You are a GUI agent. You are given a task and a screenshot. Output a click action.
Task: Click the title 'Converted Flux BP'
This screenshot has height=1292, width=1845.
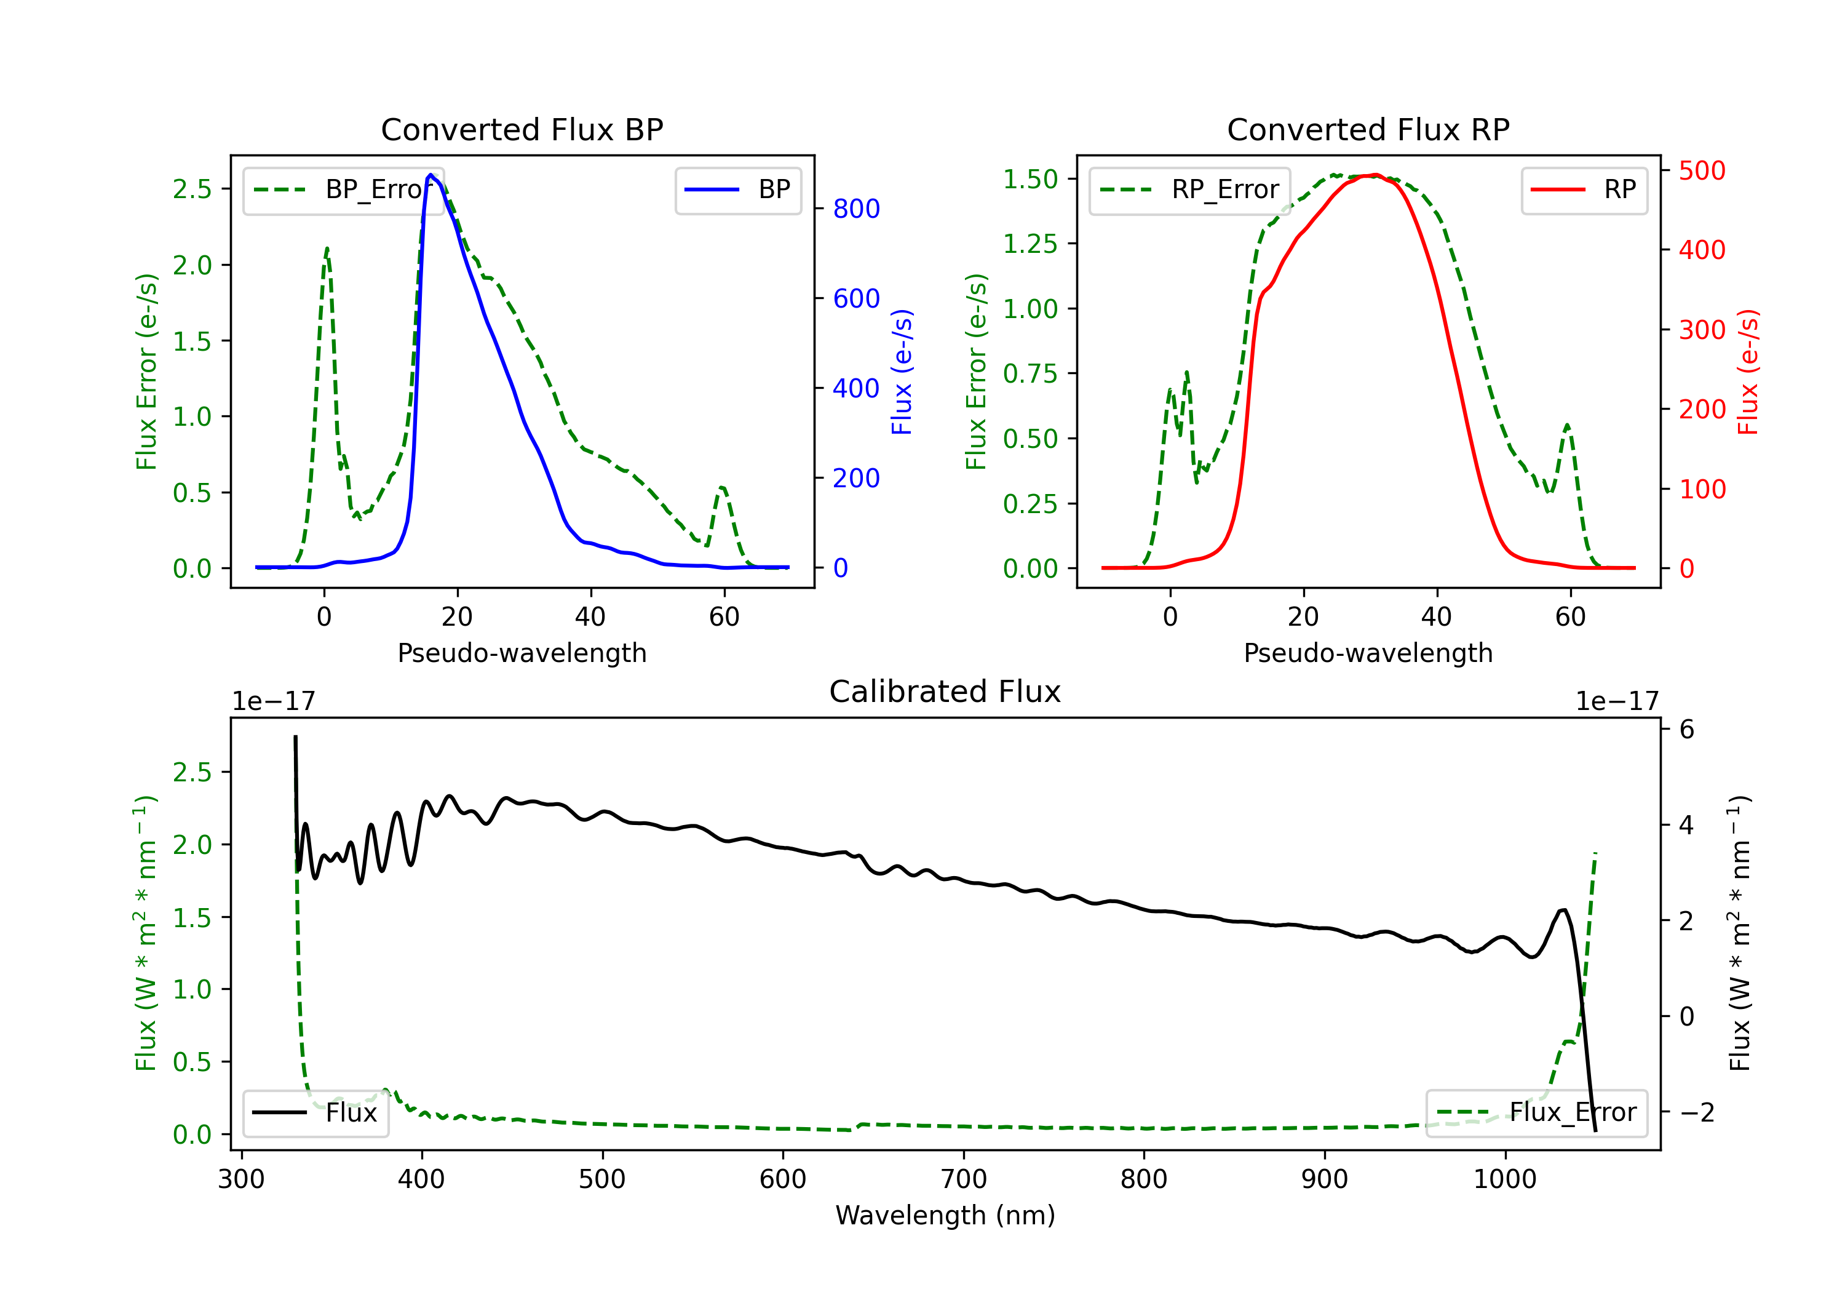coord(522,129)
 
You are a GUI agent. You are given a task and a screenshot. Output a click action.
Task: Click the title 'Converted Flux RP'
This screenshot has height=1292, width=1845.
coord(1368,129)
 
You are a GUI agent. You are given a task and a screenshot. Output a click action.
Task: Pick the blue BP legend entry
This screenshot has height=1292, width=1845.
coord(737,189)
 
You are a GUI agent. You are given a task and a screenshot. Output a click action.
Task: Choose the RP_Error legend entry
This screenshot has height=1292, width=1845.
coord(1189,189)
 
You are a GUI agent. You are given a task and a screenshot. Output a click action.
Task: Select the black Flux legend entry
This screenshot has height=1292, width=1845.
coord(316,1113)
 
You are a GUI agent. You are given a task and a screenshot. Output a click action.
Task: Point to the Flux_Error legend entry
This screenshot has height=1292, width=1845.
coord(1536,1113)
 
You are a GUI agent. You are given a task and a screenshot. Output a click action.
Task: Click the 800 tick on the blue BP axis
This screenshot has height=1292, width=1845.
coord(856,209)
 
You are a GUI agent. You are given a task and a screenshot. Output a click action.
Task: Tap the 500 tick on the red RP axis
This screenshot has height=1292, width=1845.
coord(1702,170)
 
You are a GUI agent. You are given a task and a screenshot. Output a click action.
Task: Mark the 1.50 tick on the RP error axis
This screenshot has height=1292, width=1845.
coord(1030,178)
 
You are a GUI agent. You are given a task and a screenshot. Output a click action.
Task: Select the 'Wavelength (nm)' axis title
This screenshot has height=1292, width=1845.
coord(945,1216)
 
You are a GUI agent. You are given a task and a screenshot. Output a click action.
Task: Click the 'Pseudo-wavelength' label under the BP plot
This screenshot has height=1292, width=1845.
coord(522,653)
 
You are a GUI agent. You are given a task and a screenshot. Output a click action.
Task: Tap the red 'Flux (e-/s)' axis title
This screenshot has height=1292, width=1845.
coord(1748,372)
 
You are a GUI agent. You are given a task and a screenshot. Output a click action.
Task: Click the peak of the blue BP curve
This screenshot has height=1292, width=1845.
coord(430,175)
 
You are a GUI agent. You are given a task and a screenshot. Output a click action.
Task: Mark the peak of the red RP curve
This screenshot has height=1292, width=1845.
coord(1375,175)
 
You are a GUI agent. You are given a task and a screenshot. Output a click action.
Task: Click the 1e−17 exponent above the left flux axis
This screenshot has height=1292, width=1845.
coord(273,702)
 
